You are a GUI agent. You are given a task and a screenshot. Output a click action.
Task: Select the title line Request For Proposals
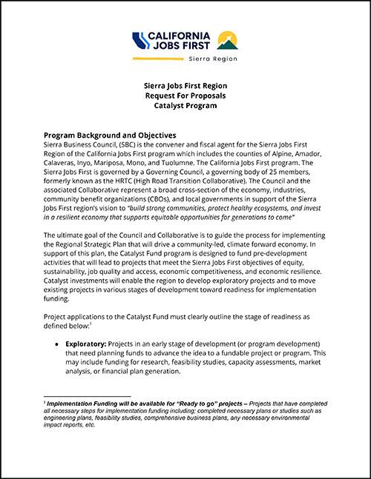click(185, 96)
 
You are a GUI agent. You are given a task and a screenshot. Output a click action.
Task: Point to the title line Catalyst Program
click(185, 106)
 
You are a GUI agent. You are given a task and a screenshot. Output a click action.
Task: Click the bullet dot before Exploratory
click(58, 345)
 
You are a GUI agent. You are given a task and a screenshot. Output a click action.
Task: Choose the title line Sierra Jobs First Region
click(185, 85)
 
